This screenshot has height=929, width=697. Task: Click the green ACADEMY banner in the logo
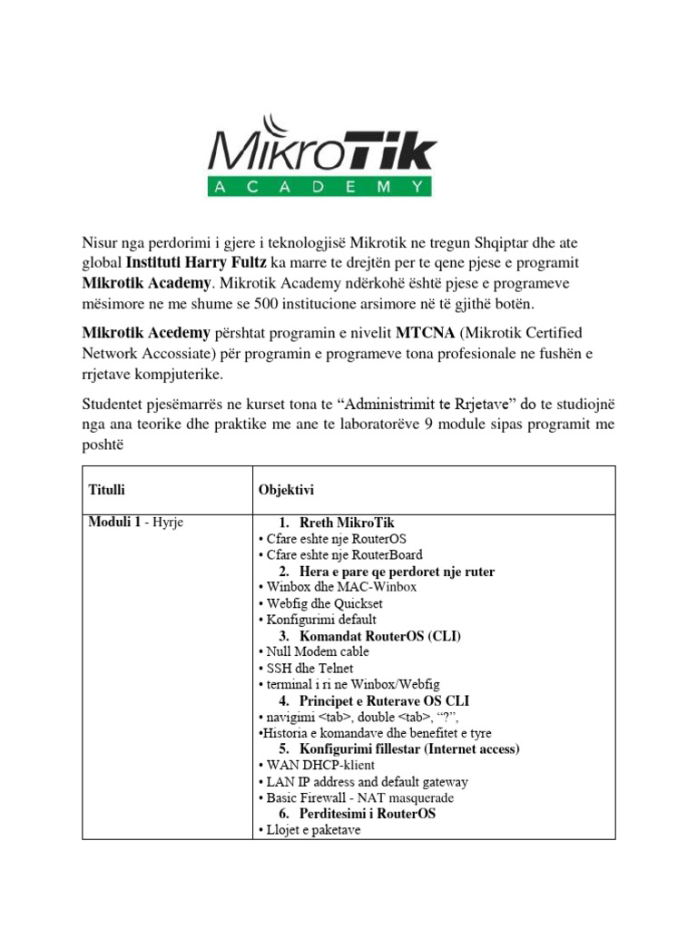pyautogui.click(x=320, y=187)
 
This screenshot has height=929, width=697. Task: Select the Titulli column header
pyautogui.click(x=106, y=490)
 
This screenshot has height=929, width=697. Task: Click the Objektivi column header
pyautogui.click(x=286, y=490)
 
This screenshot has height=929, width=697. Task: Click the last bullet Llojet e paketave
pyautogui.click(x=309, y=830)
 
